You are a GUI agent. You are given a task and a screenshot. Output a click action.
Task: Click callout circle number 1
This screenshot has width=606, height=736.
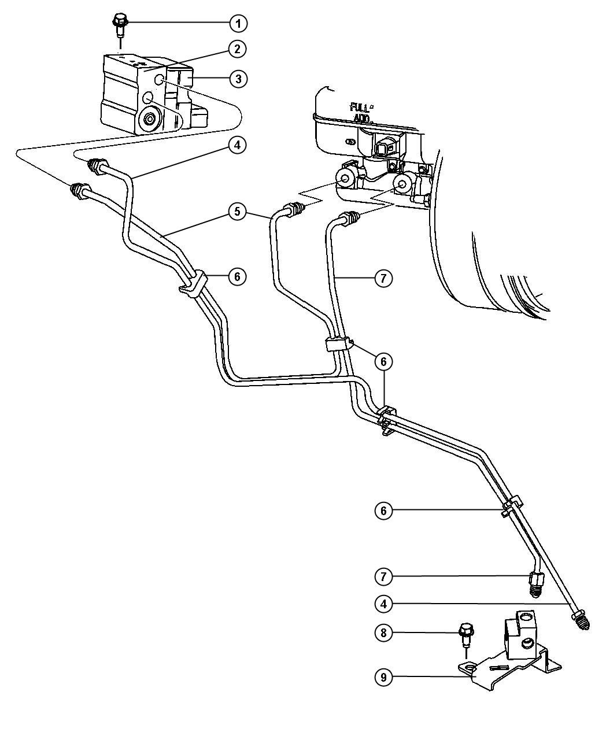[238, 23]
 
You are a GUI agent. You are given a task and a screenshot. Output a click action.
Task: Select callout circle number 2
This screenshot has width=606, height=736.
[238, 49]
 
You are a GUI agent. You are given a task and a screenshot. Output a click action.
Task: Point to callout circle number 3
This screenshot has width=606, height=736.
[238, 79]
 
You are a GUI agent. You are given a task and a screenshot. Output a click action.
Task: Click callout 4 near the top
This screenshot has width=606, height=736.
[238, 145]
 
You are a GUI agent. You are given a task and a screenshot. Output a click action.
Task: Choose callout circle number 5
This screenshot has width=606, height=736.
[238, 212]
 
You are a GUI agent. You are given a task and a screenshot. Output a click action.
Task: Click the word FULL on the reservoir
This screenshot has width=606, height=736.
[360, 107]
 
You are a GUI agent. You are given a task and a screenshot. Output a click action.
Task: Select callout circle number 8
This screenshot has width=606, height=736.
[383, 633]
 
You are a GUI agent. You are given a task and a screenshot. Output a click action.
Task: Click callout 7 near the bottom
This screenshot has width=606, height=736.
[383, 577]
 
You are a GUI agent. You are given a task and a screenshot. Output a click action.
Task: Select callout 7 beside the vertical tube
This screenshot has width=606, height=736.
[383, 278]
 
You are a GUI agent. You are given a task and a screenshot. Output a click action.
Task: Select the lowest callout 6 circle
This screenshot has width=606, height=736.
[383, 511]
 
